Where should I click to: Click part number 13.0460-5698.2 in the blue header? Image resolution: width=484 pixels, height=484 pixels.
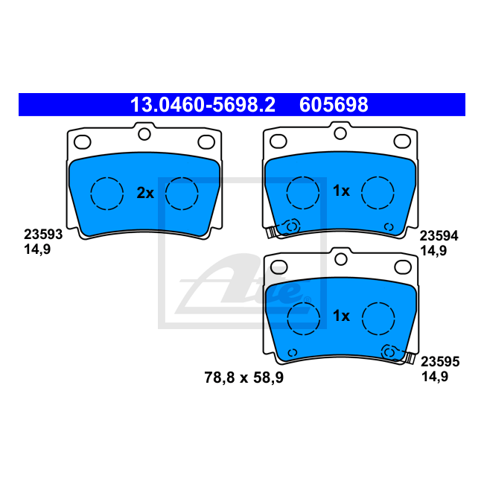tap(203, 105)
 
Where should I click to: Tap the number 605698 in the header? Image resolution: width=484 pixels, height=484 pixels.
tap(334, 105)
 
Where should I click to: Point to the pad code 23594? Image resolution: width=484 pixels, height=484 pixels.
tap(439, 235)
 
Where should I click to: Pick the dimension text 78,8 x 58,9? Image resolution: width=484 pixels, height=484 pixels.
tap(243, 378)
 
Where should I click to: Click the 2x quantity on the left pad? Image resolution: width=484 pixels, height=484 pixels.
tap(144, 193)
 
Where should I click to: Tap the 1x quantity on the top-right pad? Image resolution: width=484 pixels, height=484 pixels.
tap(341, 191)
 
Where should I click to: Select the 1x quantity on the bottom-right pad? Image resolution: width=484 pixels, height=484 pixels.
tap(341, 316)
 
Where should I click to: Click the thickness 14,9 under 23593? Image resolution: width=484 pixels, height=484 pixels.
tap(38, 250)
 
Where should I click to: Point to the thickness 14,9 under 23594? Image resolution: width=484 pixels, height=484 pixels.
tap(433, 251)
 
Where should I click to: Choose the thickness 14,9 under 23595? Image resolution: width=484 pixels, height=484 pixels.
tap(433, 378)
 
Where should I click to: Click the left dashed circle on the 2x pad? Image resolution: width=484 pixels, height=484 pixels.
tap(106, 194)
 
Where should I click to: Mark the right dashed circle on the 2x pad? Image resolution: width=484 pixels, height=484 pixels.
tap(181, 194)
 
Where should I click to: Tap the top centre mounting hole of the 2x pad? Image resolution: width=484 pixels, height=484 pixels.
tap(144, 134)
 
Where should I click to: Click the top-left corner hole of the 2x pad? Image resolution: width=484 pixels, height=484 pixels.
tap(83, 141)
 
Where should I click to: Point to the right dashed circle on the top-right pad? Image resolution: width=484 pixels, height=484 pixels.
tap(378, 192)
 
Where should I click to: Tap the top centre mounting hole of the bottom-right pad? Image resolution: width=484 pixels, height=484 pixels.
tap(340, 259)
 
